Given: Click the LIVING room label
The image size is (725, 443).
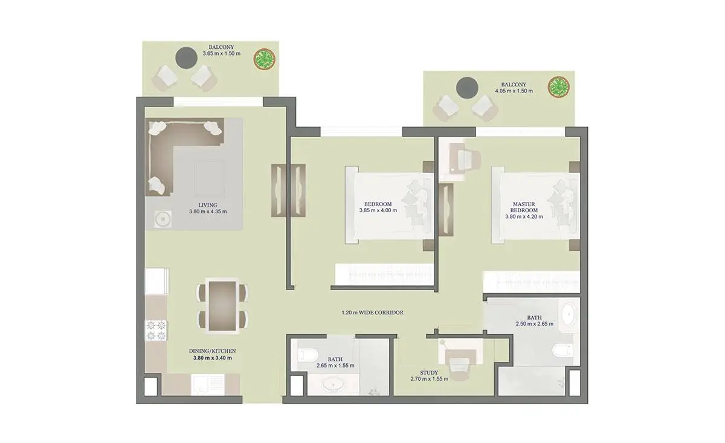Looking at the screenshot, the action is point(208,205).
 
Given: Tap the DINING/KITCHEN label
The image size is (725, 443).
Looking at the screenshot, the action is point(212,351).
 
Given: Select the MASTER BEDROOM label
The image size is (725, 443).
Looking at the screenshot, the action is point(524,207).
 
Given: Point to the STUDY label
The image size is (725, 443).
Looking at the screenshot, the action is point(429,373).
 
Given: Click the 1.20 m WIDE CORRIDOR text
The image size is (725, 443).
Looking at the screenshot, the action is point(373,312).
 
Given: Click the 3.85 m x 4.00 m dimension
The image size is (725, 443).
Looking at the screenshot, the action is point(378,210).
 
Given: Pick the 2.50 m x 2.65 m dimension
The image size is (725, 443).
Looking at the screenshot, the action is point(535,324).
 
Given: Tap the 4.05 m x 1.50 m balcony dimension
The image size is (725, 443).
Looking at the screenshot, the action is point(514,91).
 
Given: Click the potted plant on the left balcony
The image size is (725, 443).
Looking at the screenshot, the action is point(265,59).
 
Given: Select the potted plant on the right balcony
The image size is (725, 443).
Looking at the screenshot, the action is point(559,87).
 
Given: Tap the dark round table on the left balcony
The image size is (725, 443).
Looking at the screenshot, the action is point(187,58).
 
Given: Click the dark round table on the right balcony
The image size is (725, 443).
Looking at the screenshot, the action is point(467,88).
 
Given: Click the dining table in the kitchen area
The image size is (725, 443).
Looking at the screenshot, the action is point(223,306).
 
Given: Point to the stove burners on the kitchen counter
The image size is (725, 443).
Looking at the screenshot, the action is point(156,331).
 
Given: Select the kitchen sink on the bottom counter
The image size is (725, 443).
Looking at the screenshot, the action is point(207,384).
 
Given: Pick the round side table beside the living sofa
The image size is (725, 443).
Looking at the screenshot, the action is point(163,219).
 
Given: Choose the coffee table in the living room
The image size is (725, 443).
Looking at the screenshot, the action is point(210,179).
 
